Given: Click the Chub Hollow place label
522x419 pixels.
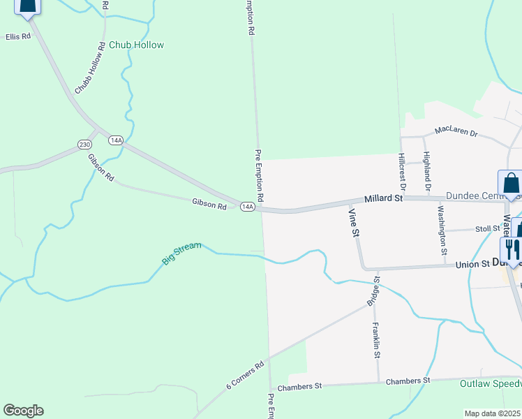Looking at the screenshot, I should [x=136, y=45].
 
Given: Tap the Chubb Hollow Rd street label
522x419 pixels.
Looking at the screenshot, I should [x=90, y=68].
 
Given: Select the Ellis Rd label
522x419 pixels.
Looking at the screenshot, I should [x=19, y=36].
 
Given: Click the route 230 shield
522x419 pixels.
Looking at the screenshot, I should [x=84, y=145].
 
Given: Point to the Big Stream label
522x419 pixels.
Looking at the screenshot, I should [x=181, y=253].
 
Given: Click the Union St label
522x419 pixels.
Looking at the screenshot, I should [x=472, y=265].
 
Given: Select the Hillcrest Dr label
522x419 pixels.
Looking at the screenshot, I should [x=402, y=171].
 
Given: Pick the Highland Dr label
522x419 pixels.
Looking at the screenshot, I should [x=427, y=171].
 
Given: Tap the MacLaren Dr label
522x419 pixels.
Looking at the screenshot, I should [x=456, y=131].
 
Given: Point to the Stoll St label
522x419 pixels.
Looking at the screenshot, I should [x=488, y=228].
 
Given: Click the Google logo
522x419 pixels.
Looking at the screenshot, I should [x=23, y=411].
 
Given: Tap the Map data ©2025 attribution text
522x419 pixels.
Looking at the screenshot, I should [x=493, y=413].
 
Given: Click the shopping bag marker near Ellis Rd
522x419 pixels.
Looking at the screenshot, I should [x=27, y=6].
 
